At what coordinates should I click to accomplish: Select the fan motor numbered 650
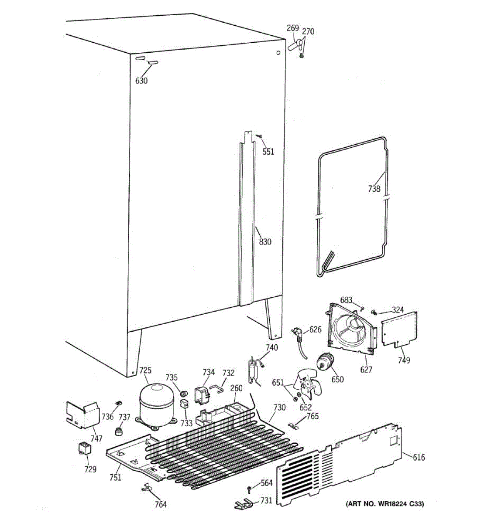point(326,362)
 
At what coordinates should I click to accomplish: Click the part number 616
point(418,457)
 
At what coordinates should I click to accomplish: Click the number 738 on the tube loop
point(374,189)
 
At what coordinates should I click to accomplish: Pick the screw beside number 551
point(260,137)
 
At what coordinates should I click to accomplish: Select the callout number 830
point(265,242)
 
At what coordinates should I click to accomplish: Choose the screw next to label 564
point(249,489)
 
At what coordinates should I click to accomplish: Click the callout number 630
point(141,81)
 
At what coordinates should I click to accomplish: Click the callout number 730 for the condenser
point(279,408)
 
